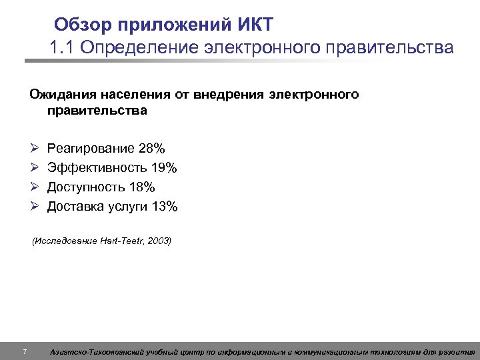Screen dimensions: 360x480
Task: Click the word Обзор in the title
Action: coord(83,25)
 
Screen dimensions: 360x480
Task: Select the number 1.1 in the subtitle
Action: coord(61,48)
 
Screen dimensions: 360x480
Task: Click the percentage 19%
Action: coord(163,167)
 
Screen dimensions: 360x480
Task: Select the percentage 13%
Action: coord(165,207)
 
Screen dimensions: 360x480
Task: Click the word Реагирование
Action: coord(91,147)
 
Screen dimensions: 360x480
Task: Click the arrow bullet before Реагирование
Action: coord(34,147)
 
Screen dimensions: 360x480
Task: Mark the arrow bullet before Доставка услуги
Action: coord(34,207)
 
